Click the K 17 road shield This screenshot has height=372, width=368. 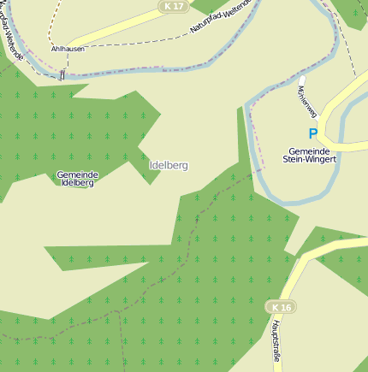coord(173,6)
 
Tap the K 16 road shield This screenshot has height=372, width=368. coord(280,306)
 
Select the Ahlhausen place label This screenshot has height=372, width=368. coord(67,49)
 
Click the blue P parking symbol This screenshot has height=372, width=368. coord(312,133)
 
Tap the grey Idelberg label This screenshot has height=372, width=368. coord(168,165)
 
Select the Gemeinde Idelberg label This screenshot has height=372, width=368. coord(77,179)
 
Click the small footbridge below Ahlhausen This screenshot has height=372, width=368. coord(62,75)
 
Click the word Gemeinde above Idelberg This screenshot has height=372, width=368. coord(77,174)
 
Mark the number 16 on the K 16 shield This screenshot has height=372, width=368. coord(286,306)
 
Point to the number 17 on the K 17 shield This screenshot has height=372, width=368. coord(178,6)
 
